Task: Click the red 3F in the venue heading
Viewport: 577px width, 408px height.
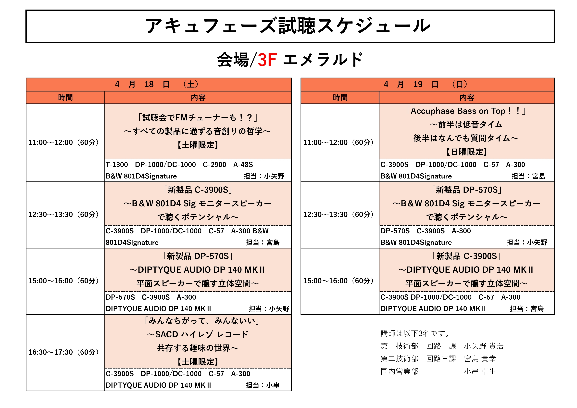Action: pyautogui.click(x=267, y=60)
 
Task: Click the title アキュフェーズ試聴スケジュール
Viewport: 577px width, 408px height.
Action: pyautogui.click(x=288, y=26)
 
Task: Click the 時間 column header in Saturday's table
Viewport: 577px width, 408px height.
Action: pyautogui.click(x=65, y=98)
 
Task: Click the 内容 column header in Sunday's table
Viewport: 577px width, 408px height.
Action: pyautogui.click(x=467, y=98)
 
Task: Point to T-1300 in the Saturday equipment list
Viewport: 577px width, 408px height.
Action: pyautogui.click(x=117, y=165)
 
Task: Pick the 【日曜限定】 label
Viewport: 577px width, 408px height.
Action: pyautogui.click(x=467, y=152)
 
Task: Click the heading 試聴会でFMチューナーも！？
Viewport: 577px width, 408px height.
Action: pyautogui.click(x=198, y=117)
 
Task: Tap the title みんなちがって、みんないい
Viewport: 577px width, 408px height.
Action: pyautogui.click(x=202, y=321)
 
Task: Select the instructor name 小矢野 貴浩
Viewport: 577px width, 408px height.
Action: pyautogui.click(x=484, y=346)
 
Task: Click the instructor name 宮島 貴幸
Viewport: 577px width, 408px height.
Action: pyautogui.click(x=480, y=359)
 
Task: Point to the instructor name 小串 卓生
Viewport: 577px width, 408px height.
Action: pyautogui.click(x=480, y=371)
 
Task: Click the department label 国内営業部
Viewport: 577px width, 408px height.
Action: pyautogui.click(x=399, y=371)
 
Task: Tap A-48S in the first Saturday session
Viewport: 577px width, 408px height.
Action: pyautogui.click(x=243, y=165)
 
